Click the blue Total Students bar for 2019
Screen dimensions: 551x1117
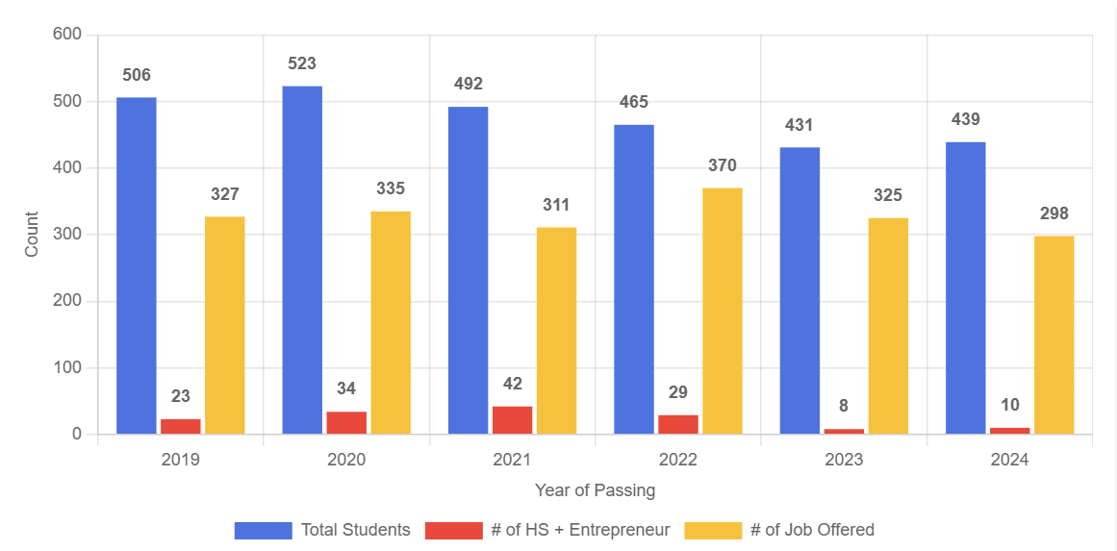click(x=136, y=265)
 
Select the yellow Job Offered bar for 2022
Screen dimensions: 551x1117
click(x=722, y=311)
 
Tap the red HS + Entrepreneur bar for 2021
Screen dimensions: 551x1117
click(x=512, y=420)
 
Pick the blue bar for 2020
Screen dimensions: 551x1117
click(x=302, y=260)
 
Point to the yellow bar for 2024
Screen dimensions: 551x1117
click(x=1054, y=335)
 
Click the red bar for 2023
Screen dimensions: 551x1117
click(x=844, y=431)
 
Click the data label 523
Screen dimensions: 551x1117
click(x=302, y=63)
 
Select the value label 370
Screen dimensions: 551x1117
click(x=722, y=165)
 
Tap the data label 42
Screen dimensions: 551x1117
click(x=512, y=384)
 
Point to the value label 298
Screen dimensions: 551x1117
click(x=1054, y=213)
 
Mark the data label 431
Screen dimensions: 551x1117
click(x=799, y=125)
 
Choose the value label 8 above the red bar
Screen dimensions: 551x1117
click(x=844, y=406)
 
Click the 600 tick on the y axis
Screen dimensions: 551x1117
click(x=68, y=36)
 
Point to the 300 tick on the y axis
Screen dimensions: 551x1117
click(x=68, y=235)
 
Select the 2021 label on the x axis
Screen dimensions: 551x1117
click(x=512, y=460)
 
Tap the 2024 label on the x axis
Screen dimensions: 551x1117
click(x=1009, y=460)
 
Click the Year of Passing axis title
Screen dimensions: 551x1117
click(x=595, y=490)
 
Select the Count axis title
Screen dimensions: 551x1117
click(x=32, y=235)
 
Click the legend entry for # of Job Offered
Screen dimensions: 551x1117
click(x=812, y=530)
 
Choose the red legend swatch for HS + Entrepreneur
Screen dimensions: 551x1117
click(x=453, y=530)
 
